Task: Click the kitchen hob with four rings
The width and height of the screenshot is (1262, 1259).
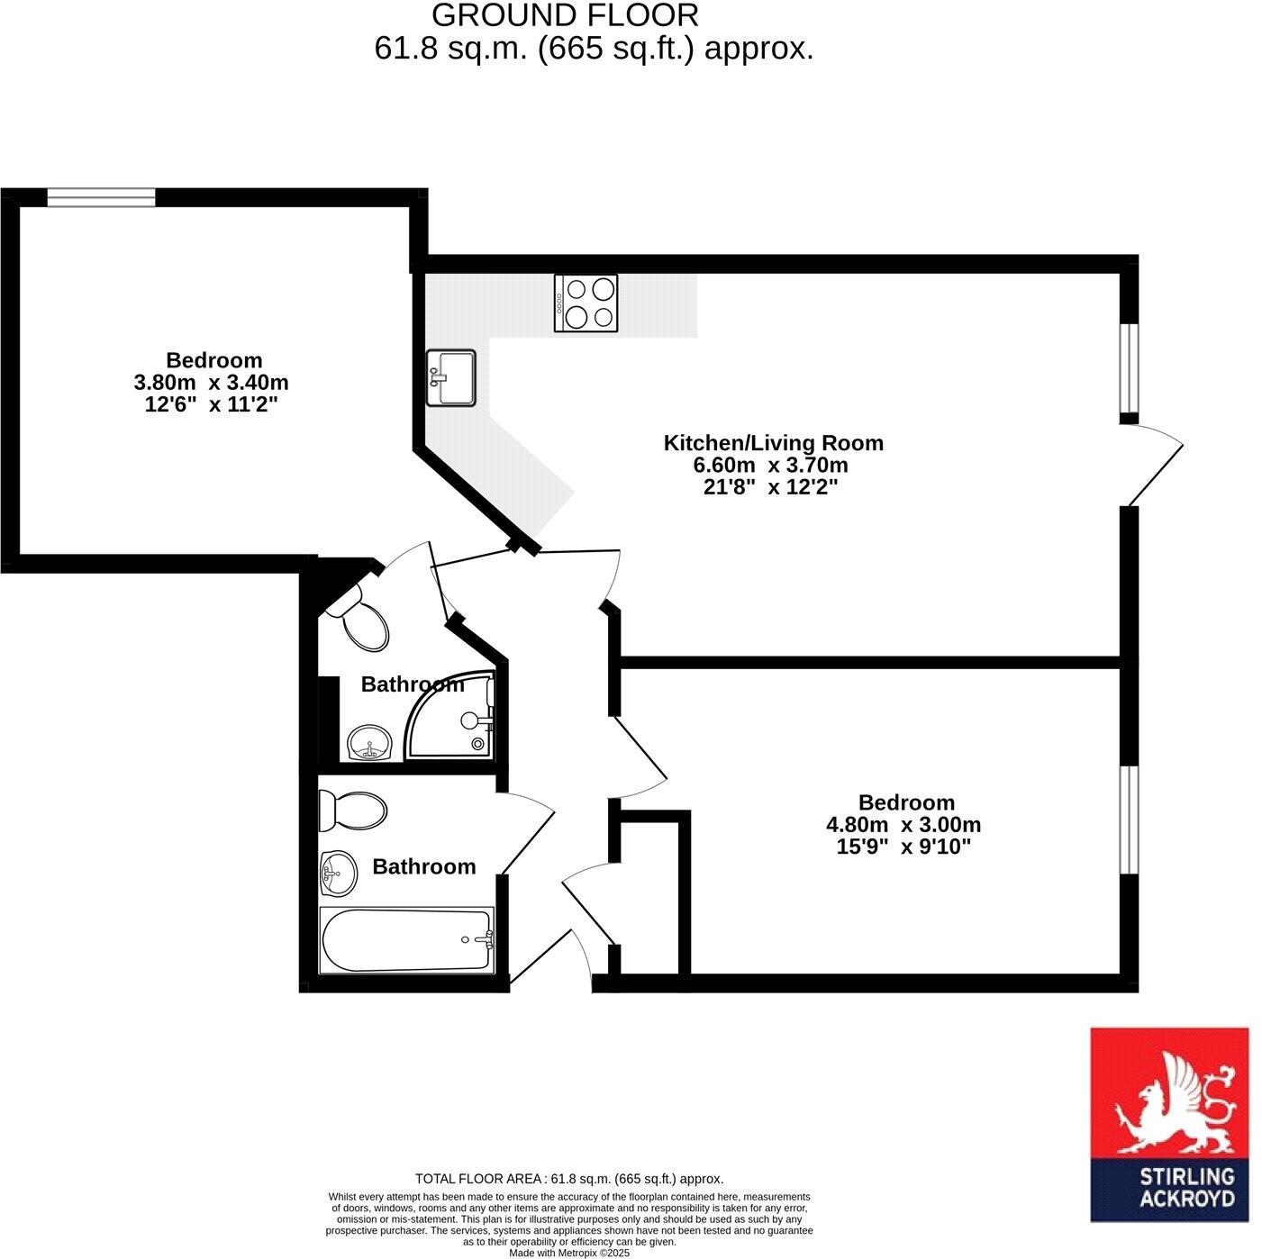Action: pos(586,303)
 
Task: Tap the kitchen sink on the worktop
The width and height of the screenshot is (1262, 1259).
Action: pos(450,377)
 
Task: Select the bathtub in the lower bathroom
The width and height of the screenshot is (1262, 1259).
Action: pos(406,939)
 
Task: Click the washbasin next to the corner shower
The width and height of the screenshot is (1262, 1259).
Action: pos(369,744)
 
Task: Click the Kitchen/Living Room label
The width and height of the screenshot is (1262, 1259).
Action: pos(773,443)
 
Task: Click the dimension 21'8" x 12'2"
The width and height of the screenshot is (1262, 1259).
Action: pos(773,487)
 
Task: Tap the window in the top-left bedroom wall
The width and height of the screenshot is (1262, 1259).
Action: pos(101,196)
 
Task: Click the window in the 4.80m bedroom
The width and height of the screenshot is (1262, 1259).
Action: pos(1129,820)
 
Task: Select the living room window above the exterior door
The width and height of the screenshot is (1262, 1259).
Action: pos(1129,367)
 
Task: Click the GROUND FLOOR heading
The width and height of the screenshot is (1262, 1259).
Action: pos(565,15)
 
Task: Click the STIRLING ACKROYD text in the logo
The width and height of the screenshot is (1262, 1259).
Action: pos(1186,1187)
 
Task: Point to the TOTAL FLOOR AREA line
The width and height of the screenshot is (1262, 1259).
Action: pos(568,1179)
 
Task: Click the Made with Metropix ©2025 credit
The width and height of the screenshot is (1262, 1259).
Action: pos(568,1253)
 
